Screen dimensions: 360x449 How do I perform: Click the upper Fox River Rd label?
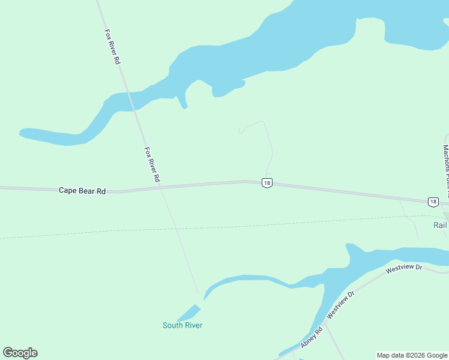pyautogui.click(x=113, y=47)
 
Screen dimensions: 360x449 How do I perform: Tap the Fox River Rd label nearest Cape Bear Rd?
pyautogui.click(x=152, y=164)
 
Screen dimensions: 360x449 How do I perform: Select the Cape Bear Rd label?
pyautogui.click(x=82, y=190)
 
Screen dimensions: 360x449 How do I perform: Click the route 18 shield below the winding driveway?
pyautogui.click(x=267, y=183)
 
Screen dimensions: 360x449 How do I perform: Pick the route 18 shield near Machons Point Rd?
pyautogui.click(x=433, y=202)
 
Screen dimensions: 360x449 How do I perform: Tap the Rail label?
pyautogui.click(x=440, y=225)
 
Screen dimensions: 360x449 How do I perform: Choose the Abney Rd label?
pyautogui.click(x=312, y=339)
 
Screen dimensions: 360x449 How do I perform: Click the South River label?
pyautogui.click(x=182, y=325)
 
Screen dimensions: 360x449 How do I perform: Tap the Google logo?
pyautogui.click(x=20, y=353)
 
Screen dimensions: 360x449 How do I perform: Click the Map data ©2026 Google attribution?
pyautogui.click(x=412, y=355)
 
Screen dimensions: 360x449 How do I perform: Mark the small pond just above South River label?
pyautogui.click(x=189, y=313)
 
